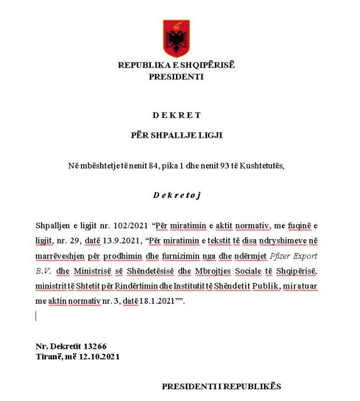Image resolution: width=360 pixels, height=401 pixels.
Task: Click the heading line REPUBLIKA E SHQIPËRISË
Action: point(176,65)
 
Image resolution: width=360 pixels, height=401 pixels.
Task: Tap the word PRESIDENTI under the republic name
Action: point(176,77)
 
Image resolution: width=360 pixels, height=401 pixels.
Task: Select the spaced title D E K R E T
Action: point(176,115)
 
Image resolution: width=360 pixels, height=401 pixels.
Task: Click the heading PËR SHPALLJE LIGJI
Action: point(176,135)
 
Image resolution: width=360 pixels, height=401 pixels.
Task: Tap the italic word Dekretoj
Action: point(176,195)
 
